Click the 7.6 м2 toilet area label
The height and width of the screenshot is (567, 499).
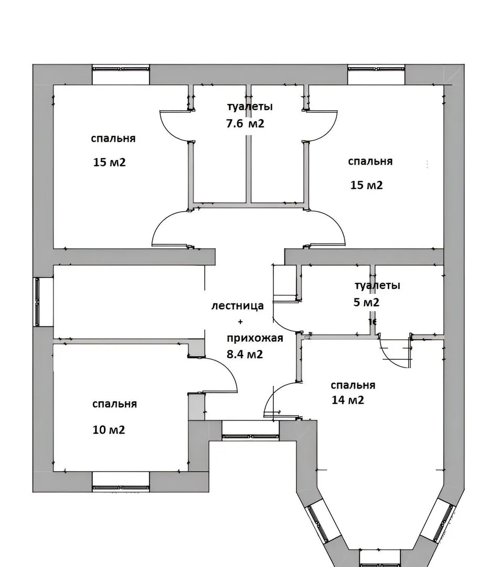pos(246,124)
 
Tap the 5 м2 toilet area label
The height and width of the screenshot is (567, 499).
pos(366,302)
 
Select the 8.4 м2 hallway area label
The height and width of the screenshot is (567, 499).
pos(245,354)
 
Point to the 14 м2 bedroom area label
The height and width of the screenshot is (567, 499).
pos(347,400)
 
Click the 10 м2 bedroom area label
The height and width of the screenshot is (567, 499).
pos(109,429)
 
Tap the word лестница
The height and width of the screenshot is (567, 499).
pos(237,306)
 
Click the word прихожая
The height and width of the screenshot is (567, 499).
pos(254,339)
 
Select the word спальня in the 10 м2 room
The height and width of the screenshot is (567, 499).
pos(114,404)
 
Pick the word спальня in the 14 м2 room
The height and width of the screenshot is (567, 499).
pos(353,385)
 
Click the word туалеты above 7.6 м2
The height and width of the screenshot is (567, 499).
pos(250,107)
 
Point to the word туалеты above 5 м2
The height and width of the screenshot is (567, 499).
pos(377,285)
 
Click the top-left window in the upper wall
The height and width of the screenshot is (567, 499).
pos(121,68)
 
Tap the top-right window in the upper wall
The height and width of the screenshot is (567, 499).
pos(376,68)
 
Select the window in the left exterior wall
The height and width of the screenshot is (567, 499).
pos(37,302)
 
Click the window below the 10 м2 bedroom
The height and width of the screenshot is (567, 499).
pos(121,487)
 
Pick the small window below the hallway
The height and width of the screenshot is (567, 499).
pos(250,437)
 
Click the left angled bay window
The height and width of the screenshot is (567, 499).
pos(317,523)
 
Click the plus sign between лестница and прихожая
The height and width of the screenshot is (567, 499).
pos(240,321)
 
